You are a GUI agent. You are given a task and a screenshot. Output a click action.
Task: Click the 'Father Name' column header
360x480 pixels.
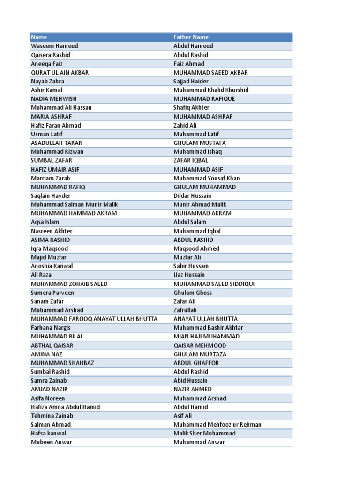coord(191,37)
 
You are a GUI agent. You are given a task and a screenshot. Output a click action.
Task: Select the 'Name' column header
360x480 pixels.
coord(39,37)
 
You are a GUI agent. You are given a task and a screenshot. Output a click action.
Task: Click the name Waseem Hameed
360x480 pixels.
coord(54,46)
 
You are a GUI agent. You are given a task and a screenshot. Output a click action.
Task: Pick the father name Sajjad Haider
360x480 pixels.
coord(191,81)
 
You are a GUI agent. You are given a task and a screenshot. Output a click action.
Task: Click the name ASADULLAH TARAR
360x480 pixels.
coord(56,143)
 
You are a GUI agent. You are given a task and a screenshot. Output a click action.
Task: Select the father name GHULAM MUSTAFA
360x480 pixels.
coord(200,143)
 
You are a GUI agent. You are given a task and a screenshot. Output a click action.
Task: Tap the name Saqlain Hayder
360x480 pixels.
coord(51,195)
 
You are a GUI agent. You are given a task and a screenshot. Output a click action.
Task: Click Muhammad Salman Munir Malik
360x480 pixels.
coord(74,204)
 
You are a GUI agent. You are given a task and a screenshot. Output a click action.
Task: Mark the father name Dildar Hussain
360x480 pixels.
coord(193,195)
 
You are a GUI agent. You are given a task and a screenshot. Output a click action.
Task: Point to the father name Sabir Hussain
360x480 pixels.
coord(191,266)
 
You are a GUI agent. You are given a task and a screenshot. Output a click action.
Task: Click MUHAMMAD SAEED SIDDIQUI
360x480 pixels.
coord(214,284)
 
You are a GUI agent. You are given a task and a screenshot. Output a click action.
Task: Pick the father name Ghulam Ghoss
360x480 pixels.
coord(193,292)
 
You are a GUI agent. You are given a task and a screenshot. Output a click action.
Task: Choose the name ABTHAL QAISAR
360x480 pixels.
coord(52,345)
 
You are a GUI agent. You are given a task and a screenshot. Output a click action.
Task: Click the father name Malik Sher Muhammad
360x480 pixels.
coord(205,433)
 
